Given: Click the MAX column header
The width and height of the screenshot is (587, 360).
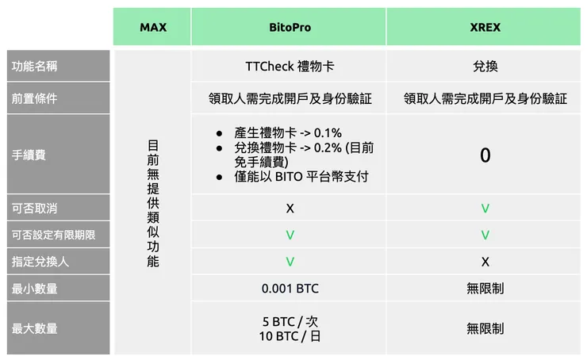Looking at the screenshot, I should click(153, 27).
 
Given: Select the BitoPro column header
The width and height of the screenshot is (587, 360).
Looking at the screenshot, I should click(290, 27).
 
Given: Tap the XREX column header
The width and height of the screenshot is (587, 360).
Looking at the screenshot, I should click(485, 27).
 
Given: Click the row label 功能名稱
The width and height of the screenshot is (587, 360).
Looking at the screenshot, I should click(35, 67).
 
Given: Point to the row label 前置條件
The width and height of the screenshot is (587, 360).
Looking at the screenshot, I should click(35, 99).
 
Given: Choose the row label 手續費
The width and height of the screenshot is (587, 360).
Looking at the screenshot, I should click(29, 155).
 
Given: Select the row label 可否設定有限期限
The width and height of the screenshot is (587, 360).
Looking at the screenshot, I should click(53, 236).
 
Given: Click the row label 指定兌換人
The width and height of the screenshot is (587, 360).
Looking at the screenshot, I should click(40, 262).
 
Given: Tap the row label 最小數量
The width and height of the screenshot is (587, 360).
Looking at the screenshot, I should click(35, 289).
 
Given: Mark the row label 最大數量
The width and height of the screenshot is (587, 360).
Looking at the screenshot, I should click(35, 328).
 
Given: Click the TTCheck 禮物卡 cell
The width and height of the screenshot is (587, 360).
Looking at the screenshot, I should click(290, 67).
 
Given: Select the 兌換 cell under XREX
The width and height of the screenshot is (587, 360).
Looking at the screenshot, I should click(485, 67).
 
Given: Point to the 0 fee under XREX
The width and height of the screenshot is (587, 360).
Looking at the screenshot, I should click(485, 155).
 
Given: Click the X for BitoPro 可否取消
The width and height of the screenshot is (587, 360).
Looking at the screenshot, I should click(290, 209).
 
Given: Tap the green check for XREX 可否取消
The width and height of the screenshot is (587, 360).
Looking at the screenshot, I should click(485, 209).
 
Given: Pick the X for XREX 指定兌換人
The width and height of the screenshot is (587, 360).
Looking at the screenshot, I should click(485, 262).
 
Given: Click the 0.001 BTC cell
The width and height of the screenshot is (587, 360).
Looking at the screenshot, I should click(290, 289).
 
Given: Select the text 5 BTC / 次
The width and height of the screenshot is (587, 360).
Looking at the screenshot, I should click(290, 322).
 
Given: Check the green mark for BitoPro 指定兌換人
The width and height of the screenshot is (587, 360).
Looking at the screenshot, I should click(290, 262).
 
